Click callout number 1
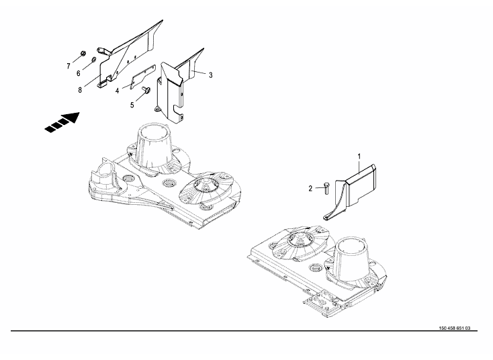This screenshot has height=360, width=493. (359, 156)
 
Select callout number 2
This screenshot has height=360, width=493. (310, 189)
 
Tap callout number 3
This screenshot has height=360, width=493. (211, 75)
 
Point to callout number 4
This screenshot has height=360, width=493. (117, 91)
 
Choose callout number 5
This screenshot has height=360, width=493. (132, 105)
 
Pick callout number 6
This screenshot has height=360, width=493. (79, 73)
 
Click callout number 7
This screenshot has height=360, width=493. (69, 66)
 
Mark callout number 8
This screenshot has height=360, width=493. (80, 90)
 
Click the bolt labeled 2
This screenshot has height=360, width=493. (326, 187)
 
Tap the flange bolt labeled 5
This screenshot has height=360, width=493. (146, 90)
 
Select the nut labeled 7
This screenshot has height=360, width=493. (83, 53)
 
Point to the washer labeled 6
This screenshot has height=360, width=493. (93, 60)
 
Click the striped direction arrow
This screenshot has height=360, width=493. (62, 122)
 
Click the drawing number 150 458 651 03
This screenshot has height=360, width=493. (455, 328)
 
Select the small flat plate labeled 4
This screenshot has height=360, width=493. (143, 77)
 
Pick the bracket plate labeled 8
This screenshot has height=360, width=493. (126, 56)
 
